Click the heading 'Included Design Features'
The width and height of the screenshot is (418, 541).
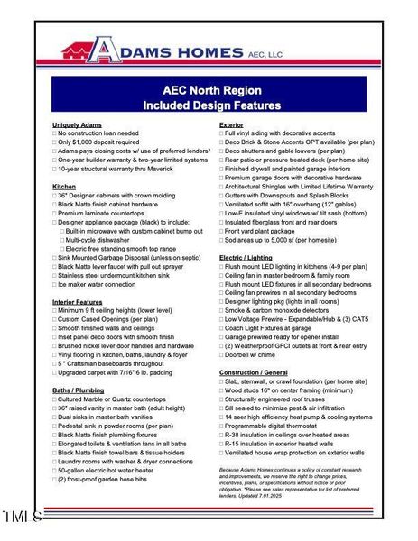[208, 105]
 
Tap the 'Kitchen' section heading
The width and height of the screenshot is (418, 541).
[64, 186]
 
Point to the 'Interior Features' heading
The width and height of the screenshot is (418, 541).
[78, 301]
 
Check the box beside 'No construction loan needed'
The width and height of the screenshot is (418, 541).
[54, 133]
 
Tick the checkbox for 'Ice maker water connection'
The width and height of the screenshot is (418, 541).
[54, 284]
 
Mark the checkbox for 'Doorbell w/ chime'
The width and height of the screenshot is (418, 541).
[222, 355]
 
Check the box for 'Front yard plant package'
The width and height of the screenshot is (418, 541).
[222, 231]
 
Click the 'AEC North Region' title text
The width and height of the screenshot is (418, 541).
[208, 90]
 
